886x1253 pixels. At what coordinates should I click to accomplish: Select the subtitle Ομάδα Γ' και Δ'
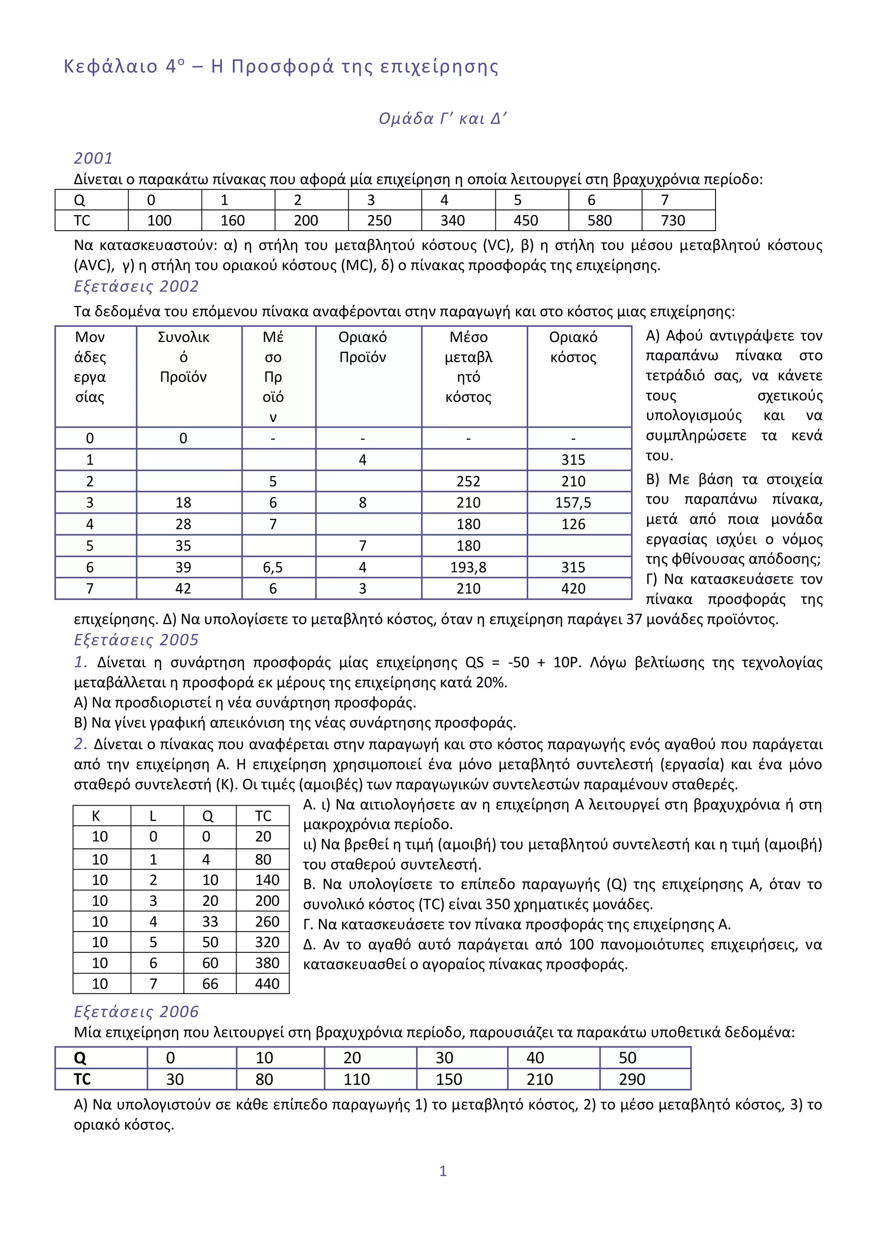pos(443,119)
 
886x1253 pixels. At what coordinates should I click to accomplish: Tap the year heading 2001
pos(93,158)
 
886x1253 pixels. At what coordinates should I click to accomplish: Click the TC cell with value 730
pos(673,221)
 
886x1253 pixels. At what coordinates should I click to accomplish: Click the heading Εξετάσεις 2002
pos(136,286)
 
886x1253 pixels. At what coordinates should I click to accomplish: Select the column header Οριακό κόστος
pos(573,347)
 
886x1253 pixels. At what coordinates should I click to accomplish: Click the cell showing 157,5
pos(573,503)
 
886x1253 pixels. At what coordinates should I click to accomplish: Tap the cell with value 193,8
pos(468,568)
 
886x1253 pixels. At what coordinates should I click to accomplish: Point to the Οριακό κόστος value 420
pos(573,589)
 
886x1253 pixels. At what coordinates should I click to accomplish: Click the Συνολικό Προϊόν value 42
pos(183,589)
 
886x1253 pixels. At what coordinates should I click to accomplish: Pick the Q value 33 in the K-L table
pos(210,922)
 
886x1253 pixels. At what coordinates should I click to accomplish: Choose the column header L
pos(153,816)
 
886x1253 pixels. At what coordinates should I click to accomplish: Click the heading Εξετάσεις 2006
pos(136,1011)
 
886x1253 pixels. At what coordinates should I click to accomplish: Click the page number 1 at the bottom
pos(443,1171)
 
